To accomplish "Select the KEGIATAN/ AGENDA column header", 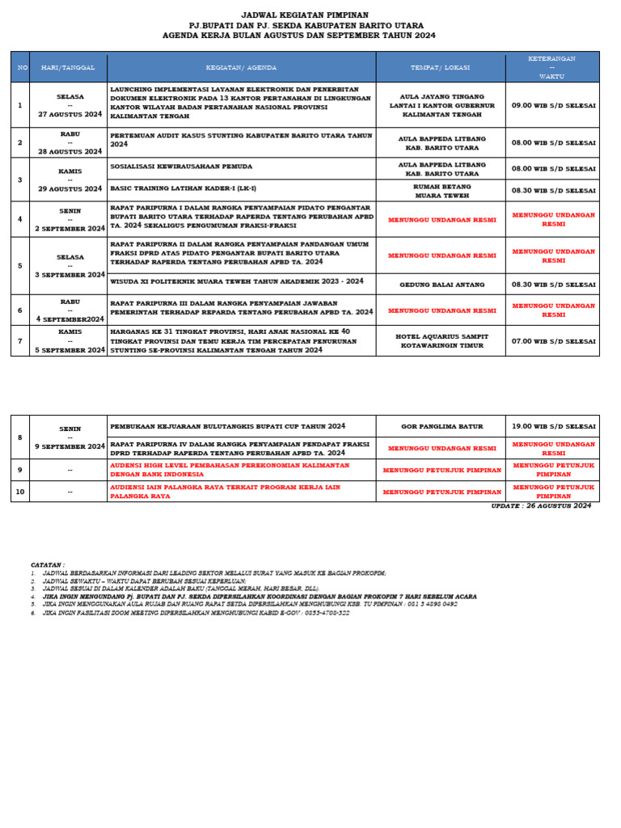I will (241, 67).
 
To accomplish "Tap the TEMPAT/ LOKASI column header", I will (440, 67).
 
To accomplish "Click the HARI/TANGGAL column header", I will (68, 67).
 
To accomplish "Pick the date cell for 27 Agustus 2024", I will (69, 105).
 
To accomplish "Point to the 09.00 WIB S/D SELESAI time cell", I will (552, 105).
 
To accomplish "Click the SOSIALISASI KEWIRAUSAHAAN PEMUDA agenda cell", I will (241, 168).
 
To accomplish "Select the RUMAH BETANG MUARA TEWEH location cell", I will (440, 190).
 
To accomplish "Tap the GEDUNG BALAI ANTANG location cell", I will (440, 285).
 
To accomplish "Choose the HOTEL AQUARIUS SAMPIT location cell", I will (440, 340).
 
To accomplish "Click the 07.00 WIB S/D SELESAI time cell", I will (552, 340).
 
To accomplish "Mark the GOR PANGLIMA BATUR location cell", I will (440, 426).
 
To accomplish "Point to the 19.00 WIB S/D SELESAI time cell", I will (552, 426).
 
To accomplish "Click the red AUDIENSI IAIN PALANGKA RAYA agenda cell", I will (241, 492).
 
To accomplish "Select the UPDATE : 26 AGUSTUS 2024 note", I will (541, 505).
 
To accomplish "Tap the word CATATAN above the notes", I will (48, 564).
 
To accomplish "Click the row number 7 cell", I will (20, 340).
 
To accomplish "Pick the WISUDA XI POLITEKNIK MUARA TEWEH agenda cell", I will (241, 281).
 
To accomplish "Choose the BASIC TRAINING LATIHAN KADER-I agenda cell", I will (241, 188).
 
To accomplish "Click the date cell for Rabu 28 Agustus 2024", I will (69, 142).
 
